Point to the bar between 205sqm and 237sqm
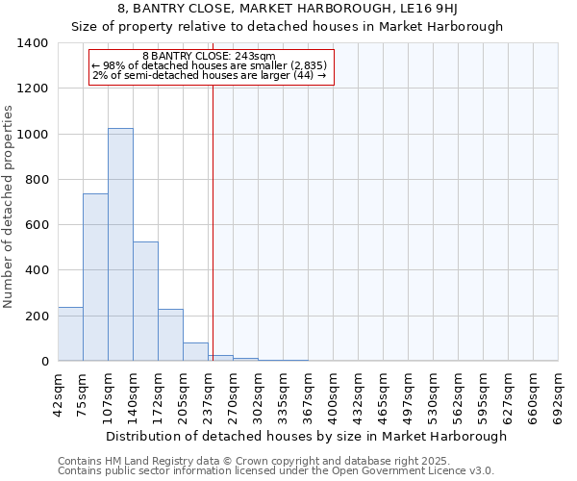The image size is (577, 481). pos(195,352)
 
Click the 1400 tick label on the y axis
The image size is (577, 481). pos(33,43)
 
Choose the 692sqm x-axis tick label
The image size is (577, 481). pos(559,394)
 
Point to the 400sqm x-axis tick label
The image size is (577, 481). pos(334,394)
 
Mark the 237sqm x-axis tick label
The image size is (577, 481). pos(209,394)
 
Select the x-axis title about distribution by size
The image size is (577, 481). pos(306,436)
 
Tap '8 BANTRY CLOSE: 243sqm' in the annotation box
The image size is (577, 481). pos(209,56)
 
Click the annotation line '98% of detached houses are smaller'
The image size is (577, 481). pos(209,65)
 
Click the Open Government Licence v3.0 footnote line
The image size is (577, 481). pos(276,471)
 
